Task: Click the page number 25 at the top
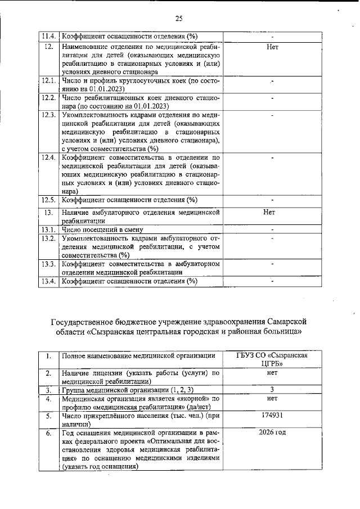point(179,19)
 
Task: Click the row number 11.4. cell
point(48,37)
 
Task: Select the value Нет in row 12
point(272,47)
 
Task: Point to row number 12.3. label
point(48,115)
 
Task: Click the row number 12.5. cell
point(48,200)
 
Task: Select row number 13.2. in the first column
point(48,238)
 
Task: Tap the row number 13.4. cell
point(48,281)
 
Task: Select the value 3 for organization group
point(272,389)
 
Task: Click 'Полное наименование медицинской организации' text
point(138,356)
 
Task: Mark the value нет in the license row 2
point(272,372)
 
